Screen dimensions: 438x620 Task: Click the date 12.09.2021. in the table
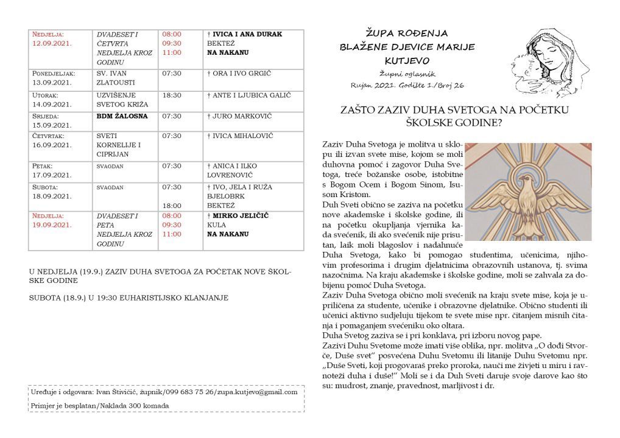coord(49,44)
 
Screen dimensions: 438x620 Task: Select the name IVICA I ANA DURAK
coord(247,34)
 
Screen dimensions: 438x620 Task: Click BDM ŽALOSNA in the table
coord(122,116)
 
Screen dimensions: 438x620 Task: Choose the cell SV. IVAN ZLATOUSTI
coord(116,78)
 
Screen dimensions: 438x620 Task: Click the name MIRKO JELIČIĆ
coord(240,215)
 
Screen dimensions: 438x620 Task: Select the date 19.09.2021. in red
coord(49,224)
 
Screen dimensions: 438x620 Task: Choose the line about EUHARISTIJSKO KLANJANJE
coord(129,297)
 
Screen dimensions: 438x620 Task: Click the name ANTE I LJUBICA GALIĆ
coord(249,96)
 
